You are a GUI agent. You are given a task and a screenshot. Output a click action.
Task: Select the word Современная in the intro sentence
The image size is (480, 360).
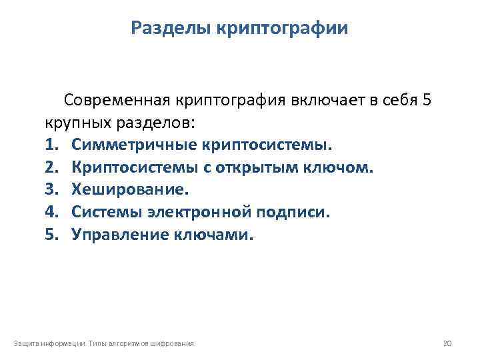click(x=118, y=101)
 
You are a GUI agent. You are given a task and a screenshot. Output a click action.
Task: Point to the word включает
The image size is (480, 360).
click(x=325, y=101)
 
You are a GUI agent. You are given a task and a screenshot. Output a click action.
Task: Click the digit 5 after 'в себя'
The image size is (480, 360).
click(x=426, y=101)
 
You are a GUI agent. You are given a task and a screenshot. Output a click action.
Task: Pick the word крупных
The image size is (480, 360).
click(x=74, y=123)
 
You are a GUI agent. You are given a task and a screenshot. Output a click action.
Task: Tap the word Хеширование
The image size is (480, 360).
click(x=130, y=189)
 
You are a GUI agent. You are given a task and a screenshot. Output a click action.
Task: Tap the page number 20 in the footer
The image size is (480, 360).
click(x=447, y=343)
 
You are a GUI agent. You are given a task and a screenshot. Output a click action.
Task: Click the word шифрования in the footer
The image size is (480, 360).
click(x=172, y=343)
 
